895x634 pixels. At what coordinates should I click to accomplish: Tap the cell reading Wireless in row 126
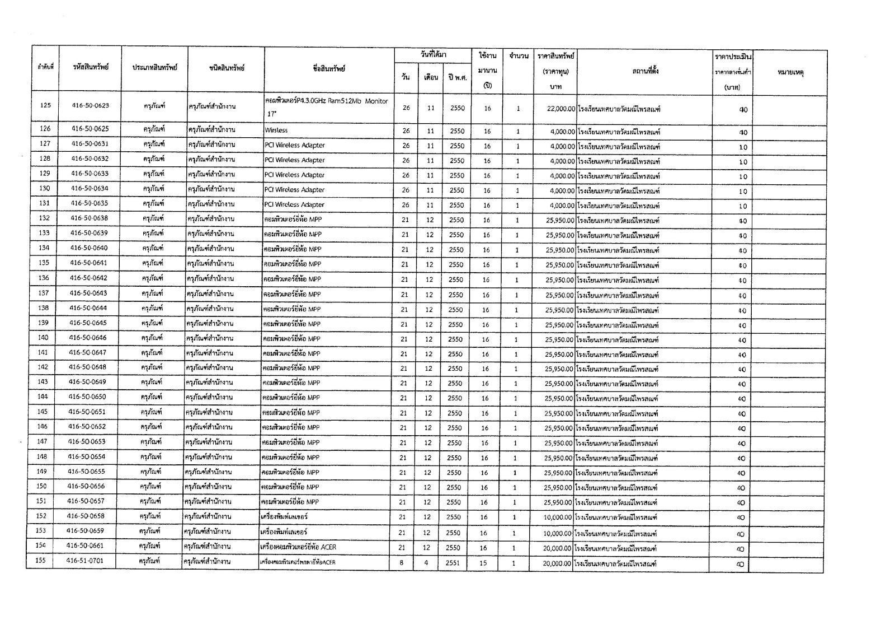click(x=276, y=130)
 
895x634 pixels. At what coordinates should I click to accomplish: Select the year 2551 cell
click(x=453, y=563)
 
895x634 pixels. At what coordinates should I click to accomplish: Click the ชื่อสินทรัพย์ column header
click(x=329, y=69)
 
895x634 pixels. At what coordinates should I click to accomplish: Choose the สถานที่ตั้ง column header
click(x=645, y=71)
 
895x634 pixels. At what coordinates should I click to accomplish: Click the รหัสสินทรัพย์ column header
click(x=91, y=67)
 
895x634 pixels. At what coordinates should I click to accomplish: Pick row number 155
click(x=40, y=561)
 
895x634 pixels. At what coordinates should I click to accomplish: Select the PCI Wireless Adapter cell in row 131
click(x=294, y=204)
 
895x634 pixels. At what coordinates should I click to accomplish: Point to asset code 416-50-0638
click(x=89, y=218)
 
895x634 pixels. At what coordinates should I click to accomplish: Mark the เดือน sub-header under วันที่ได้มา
click(x=431, y=77)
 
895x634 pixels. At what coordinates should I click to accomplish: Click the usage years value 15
click(x=483, y=563)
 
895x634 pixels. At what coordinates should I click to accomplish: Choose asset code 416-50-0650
click(x=87, y=397)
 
